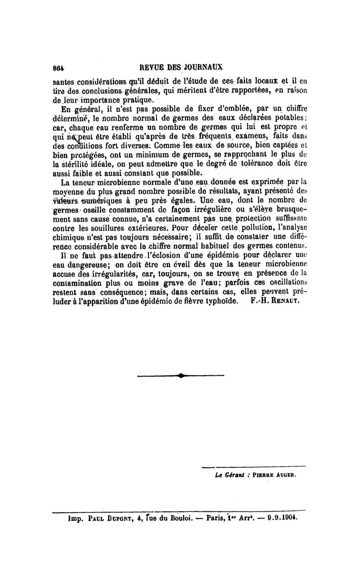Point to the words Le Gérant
coord(227,474)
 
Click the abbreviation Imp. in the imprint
coord(63,518)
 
